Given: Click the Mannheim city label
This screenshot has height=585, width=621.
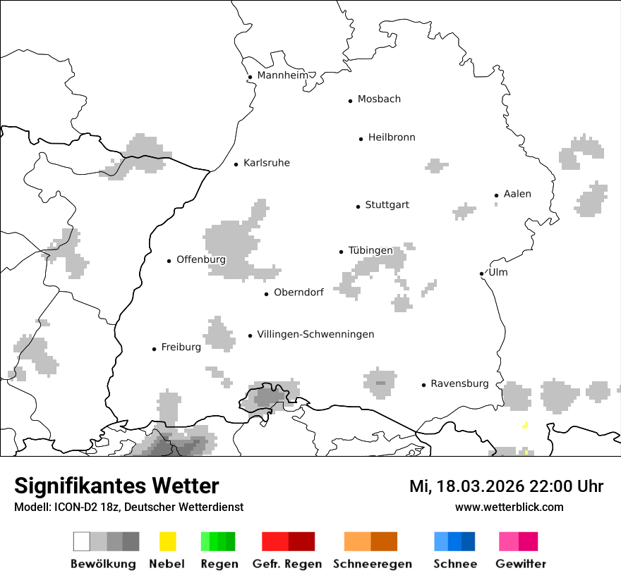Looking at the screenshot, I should tap(282, 75).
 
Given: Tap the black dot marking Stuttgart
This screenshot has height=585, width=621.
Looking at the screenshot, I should tap(358, 207).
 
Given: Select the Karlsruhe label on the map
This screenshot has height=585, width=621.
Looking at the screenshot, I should tap(266, 164).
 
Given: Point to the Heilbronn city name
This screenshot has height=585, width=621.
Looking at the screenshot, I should tap(392, 137).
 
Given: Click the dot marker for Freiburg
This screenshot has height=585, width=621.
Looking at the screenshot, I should tap(154, 349).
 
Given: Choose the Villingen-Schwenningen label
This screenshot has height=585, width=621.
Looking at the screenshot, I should tap(315, 334).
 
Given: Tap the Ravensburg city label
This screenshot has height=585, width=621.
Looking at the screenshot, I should tap(459, 384).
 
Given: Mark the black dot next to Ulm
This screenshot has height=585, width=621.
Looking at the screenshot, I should tap(481, 273).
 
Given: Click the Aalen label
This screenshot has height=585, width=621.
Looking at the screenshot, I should tap(517, 194).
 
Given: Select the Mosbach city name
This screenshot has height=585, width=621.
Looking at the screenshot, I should tap(379, 99).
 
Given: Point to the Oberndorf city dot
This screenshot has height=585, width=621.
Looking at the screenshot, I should tap(266, 294).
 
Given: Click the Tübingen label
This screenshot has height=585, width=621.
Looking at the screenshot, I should tap(370, 251).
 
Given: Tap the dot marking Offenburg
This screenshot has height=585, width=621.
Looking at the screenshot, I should tap(169, 261).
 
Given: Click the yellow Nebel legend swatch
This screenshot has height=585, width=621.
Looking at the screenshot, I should tap(167, 541).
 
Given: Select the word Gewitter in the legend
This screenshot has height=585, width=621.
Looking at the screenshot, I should tap(521, 564).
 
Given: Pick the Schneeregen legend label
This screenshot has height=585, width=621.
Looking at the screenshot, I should tap(372, 564).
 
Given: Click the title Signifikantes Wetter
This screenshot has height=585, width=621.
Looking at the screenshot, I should tap(116, 486).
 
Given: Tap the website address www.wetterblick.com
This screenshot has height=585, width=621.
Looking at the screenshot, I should tap(509, 507).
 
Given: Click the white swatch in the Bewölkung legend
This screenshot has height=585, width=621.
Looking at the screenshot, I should tap(82, 541).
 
